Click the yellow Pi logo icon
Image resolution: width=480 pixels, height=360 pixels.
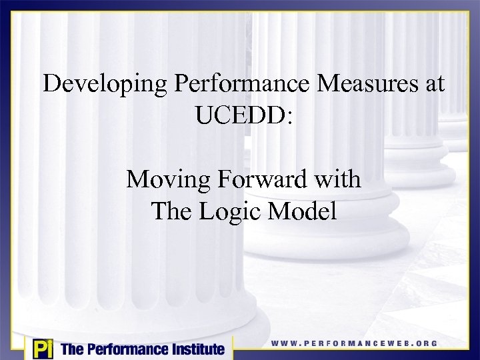[42, 348]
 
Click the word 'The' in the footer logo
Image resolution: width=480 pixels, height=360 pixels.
[71, 349]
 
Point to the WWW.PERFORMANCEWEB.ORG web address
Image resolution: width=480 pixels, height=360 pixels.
[354, 343]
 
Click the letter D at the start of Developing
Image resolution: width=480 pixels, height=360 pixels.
[50, 84]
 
